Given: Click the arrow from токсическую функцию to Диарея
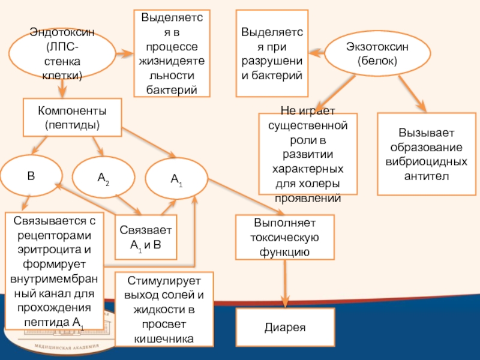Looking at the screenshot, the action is coord(285,284).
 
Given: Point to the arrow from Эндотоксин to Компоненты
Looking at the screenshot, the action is coord(62,88).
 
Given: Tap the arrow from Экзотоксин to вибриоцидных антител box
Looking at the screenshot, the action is coord(412,94).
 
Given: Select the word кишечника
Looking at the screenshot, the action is coord(164,338).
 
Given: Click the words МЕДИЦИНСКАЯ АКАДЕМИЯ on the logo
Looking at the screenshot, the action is coord(67,347).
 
